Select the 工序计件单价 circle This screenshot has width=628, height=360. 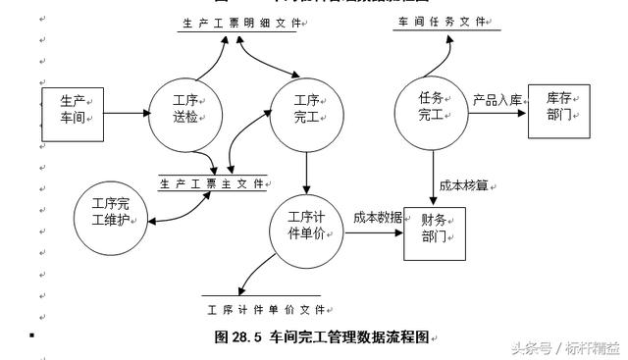(307, 229)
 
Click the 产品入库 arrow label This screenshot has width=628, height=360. (497, 99)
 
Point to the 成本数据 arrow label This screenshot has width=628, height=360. (377, 218)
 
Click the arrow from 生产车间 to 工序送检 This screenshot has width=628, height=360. (125, 113)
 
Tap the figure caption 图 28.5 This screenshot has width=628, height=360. (322, 336)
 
